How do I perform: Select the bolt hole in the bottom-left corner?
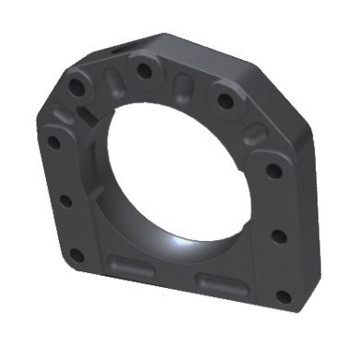pyautogui.click(x=77, y=255)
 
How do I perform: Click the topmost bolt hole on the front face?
pyautogui.click(x=142, y=69)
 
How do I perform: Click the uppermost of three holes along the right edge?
pyautogui.click(x=274, y=170)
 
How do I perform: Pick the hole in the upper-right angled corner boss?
pyautogui.click(x=224, y=100)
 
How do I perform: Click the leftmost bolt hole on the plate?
pyautogui.click(x=53, y=143)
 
